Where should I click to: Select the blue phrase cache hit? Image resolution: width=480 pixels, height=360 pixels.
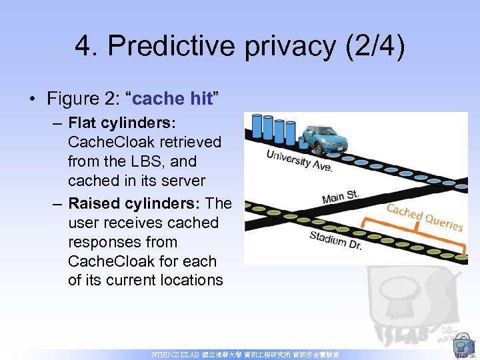pyautogui.click(x=172, y=99)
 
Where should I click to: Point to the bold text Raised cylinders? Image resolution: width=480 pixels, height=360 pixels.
pyautogui.click(x=137, y=203)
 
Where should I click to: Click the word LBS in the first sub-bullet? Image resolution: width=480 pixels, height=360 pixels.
pyautogui.click(x=145, y=161)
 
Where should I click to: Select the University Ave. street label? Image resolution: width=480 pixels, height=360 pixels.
pyautogui.click(x=299, y=160)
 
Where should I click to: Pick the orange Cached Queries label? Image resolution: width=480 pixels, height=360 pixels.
pyautogui.click(x=425, y=216)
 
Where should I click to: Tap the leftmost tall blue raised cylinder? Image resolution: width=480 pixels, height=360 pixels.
pyautogui.click(x=257, y=127)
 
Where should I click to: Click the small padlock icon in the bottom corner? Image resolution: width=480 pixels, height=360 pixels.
pyautogui.click(x=461, y=346)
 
